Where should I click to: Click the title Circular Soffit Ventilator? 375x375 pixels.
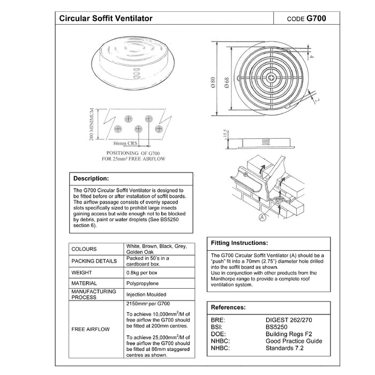pos(105,18)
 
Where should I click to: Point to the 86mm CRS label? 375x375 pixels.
pos(125,144)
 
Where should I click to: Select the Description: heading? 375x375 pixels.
pos(91,178)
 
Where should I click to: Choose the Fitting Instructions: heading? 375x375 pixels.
pos(239,242)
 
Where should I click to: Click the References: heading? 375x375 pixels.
pos(229,307)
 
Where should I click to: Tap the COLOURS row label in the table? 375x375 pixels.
pos(84,249)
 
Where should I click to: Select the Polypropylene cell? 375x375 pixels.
pos(142,283)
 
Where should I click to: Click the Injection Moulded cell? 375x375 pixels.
pos(146,294)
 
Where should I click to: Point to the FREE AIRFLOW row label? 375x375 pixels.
pos(91,329)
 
